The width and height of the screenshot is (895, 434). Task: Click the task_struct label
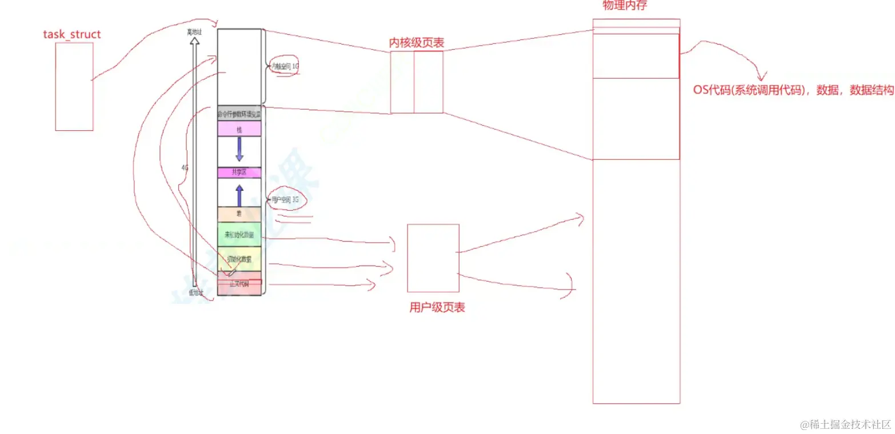coord(72,34)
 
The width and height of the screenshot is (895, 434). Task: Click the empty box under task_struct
coord(74,86)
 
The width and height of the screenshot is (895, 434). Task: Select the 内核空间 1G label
coord(286,67)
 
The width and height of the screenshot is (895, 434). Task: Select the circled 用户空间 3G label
coord(285,200)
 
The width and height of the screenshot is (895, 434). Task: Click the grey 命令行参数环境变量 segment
coord(239,113)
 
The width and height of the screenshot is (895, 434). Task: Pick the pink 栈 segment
coord(239,128)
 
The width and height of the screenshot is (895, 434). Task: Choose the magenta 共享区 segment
coord(239,172)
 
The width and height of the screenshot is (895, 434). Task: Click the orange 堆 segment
coord(239,214)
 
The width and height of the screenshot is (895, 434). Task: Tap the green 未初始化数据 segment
coord(239,235)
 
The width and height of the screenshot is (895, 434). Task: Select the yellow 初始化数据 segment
coord(239,259)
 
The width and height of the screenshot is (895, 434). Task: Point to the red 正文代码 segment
coord(239,284)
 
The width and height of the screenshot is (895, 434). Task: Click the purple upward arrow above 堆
coord(239,195)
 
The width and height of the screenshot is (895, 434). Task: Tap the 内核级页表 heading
coord(417,43)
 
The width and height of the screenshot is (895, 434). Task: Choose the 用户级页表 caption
coord(437,307)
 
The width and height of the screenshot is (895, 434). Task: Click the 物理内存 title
coord(625,6)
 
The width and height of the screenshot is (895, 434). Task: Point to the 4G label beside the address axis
coord(185,168)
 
